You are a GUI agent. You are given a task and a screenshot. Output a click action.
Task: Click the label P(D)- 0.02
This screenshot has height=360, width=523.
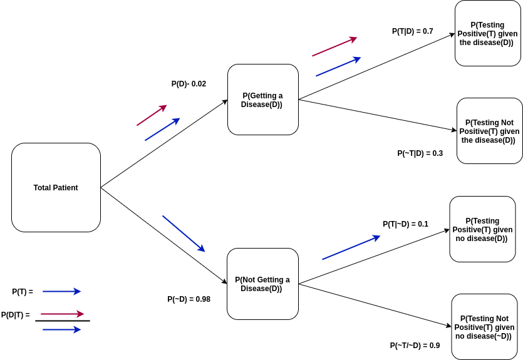pos(189,84)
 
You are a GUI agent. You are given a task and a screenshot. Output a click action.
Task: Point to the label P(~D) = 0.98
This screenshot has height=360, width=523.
pos(189,299)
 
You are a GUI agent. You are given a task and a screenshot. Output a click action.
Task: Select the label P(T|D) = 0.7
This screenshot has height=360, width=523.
pos(413,31)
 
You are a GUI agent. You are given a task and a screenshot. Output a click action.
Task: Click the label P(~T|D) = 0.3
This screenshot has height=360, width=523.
pos(420,153)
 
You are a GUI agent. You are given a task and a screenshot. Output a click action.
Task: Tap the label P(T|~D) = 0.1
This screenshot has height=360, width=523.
pos(406,224)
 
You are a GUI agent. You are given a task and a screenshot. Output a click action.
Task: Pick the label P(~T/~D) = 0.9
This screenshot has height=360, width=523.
pos(415,346)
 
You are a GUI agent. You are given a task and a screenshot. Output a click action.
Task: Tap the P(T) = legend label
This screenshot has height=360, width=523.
pos(23,292)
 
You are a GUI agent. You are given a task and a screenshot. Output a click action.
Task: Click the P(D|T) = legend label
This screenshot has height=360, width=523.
pos(15,315)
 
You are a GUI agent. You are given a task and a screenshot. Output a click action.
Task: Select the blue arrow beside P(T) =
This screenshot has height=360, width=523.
pos(62,291)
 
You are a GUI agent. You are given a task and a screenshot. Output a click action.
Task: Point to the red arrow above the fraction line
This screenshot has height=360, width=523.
pos(63,314)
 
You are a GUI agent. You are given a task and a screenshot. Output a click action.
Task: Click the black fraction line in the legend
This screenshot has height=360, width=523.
pos(63,321)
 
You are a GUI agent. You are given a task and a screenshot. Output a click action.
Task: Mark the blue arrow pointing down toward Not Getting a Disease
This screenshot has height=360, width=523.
pos(184,234)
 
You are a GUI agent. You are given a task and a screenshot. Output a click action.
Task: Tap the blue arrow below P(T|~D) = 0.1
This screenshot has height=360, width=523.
pos(351,247)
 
